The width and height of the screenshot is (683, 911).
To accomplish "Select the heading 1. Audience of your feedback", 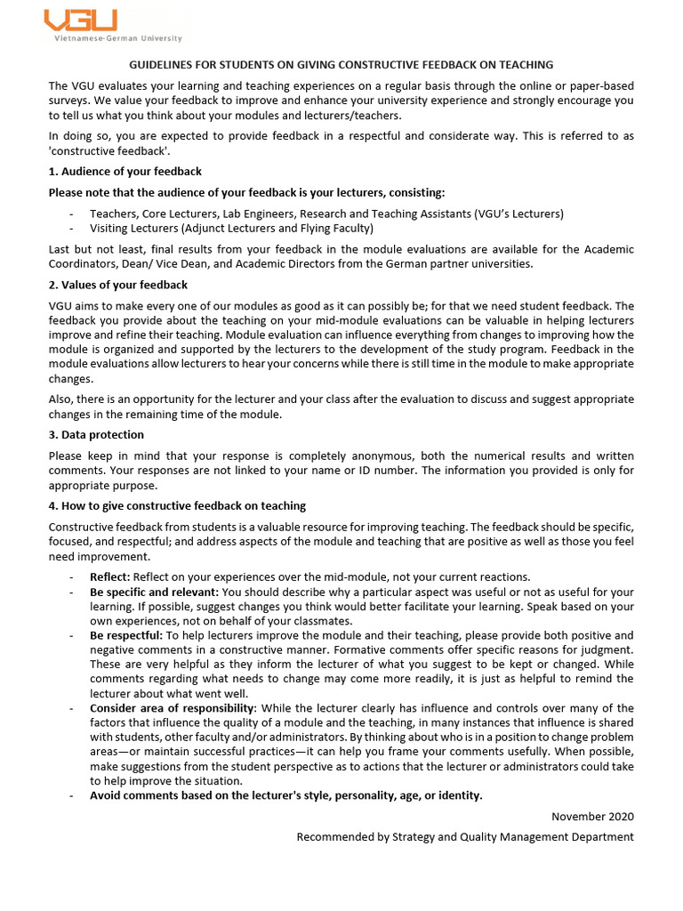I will pyautogui.click(x=125, y=171).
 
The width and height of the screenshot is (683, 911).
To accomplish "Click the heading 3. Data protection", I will pyautogui.click(x=96, y=435).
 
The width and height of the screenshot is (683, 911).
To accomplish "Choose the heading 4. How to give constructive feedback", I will pyautogui.click(x=177, y=506).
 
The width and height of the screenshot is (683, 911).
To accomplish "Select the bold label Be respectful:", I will pyautogui.click(x=126, y=635).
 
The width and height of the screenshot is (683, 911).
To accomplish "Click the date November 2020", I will pyautogui.click(x=592, y=817).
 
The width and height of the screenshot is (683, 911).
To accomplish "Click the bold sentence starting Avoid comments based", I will pyautogui.click(x=286, y=795).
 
